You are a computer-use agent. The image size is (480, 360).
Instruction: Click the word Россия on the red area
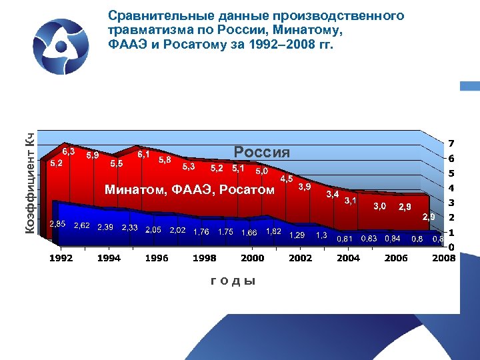[x=261, y=152]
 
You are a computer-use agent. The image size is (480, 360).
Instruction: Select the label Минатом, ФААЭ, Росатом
[x=189, y=191]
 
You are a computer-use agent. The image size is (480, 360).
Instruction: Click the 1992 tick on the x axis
[x=61, y=258]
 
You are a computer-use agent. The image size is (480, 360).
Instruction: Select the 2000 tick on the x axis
[x=252, y=258]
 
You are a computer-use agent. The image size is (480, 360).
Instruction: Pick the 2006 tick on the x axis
[x=395, y=258]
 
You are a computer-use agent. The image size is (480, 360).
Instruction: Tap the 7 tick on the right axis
[x=451, y=144]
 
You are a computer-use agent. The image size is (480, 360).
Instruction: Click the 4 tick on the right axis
[x=451, y=188]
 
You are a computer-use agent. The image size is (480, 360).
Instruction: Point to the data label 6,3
[x=68, y=151]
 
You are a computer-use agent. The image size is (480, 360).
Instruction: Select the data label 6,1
[x=143, y=154]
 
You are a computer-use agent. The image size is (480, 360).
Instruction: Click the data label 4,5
[x=287, y=179]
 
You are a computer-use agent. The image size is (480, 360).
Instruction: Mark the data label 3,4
[x=332, y=194]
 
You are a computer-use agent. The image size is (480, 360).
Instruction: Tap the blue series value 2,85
[x=57, y=224]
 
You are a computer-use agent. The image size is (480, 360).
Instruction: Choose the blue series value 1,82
[x=273, y=231]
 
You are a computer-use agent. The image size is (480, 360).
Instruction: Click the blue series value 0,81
[x=345, y=238]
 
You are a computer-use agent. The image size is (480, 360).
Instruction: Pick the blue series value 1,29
[x=297, y=235]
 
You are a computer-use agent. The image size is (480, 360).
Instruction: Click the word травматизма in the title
[x=143, y=31]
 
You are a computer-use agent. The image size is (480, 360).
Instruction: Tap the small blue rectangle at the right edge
[x=470, y=86]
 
